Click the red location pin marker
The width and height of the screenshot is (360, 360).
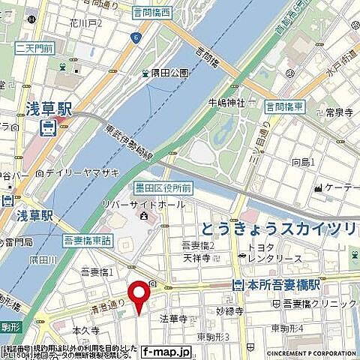(137, 295)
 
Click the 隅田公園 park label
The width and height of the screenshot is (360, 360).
(168, 73)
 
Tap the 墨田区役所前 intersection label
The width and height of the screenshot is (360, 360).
(165, 187)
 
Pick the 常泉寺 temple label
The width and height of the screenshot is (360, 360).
(339, 112)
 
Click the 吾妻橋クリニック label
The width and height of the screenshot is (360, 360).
(319, 303)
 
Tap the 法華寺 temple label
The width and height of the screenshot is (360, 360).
(172, 317)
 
